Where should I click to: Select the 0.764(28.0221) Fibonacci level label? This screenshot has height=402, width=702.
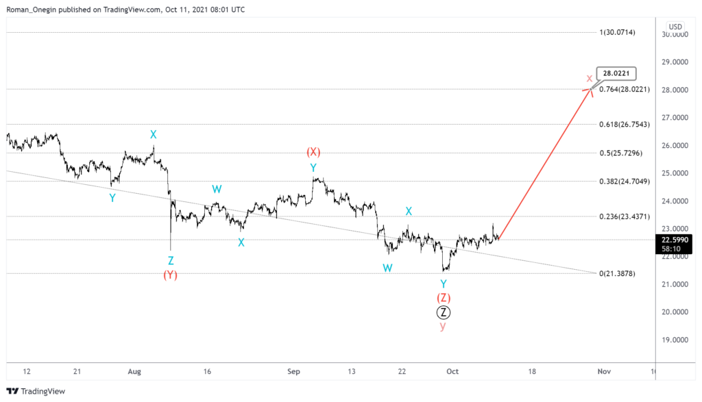626,90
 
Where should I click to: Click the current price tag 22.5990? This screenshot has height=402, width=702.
675,240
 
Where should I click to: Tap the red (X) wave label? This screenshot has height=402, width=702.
313,152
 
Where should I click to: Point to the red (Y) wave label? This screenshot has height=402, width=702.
171,275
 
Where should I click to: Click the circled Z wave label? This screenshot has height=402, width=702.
444,312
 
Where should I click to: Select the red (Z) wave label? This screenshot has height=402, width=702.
444,298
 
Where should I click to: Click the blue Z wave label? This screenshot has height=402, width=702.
171,260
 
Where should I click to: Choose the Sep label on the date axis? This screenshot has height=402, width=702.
294,371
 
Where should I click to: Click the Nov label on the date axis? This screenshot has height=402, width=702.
603,371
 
